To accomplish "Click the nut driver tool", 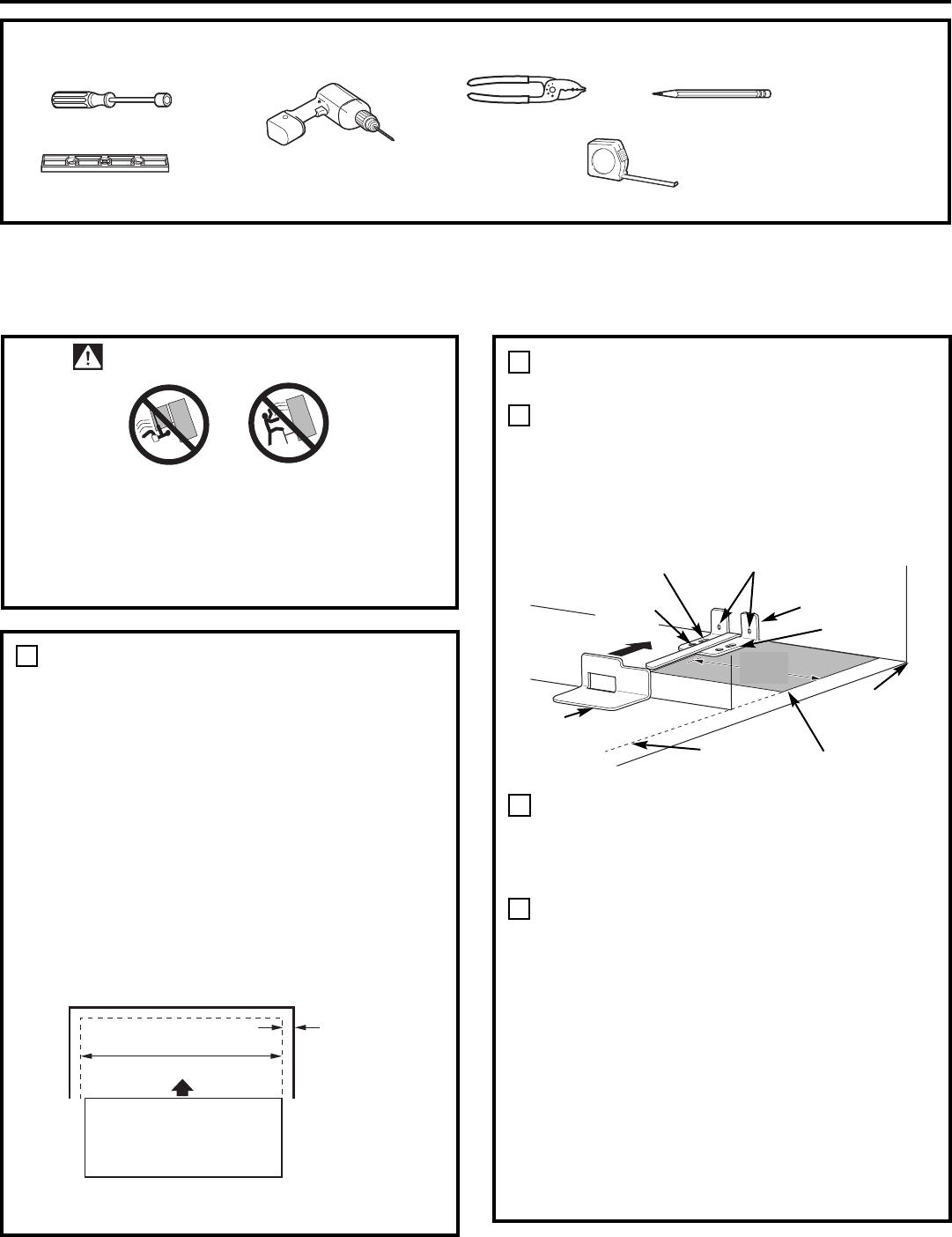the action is [x=112, y=100].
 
